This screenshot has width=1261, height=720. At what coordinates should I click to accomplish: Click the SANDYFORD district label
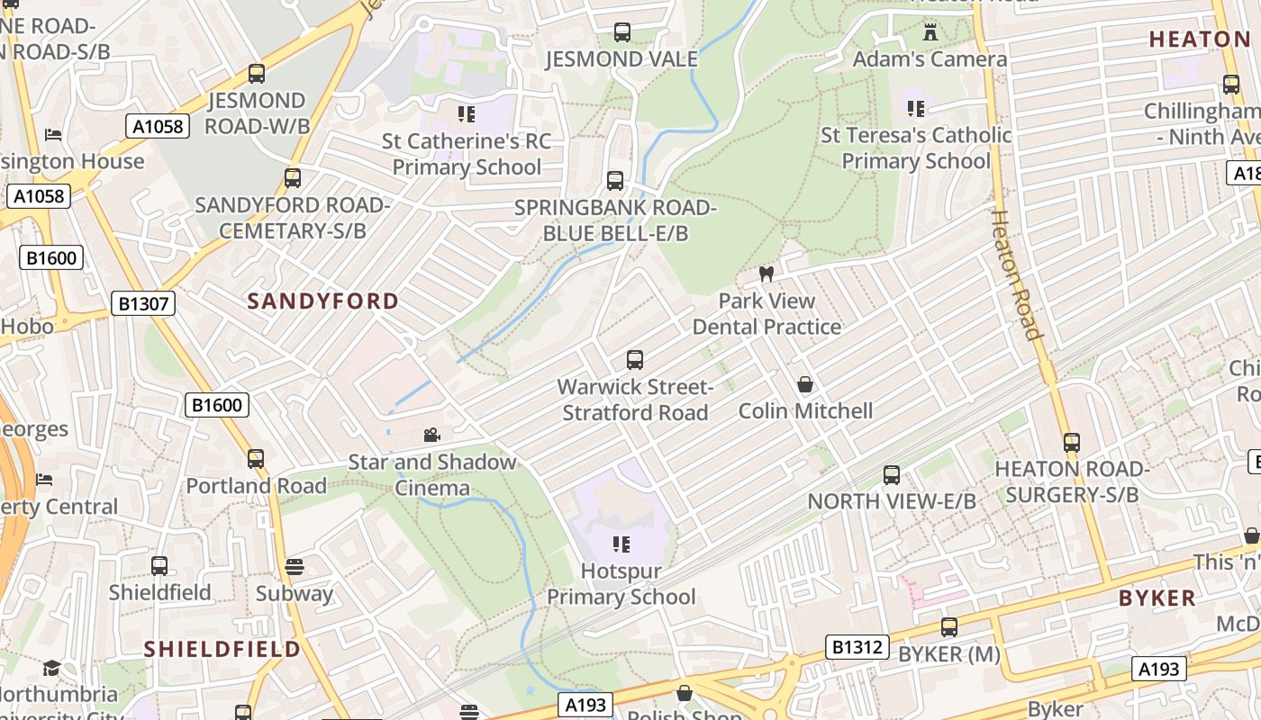(322, 301)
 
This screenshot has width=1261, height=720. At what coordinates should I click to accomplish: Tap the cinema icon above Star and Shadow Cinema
(432, 436)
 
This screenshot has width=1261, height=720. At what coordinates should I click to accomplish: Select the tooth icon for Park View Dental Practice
(767, 274)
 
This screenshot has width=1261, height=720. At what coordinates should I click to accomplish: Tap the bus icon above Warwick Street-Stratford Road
(635, 360)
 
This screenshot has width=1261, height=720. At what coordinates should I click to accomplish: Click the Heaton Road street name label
(1017, 274)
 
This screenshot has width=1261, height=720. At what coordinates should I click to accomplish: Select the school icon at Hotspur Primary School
(621, 544)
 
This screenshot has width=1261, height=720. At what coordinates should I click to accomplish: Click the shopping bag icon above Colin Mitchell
(805, 384)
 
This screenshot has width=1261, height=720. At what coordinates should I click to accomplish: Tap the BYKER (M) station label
(949, 654)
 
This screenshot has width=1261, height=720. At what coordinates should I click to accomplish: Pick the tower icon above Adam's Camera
(930, 32)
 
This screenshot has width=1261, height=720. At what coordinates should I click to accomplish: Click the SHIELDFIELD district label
(222, 649)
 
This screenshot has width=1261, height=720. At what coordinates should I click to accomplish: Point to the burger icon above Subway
(295, 567)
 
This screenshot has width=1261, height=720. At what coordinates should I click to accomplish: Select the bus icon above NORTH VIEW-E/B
(892, 474)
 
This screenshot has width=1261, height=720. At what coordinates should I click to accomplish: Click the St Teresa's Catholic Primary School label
(916, 148)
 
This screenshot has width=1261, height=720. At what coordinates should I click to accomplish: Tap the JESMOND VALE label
(621, 59)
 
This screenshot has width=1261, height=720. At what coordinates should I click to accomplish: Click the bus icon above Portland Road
(256, 459)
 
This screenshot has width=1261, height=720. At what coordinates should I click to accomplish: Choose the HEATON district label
(1200, 39)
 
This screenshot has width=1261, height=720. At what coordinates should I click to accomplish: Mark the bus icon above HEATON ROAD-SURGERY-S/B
(1072, 443)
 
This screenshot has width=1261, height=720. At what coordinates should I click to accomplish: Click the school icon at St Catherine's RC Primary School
(466, 114)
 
